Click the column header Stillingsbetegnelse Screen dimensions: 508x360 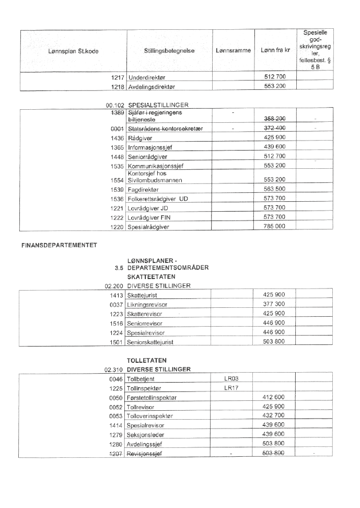(x=169, y=51)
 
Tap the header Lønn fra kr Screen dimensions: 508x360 (x=275, y=51)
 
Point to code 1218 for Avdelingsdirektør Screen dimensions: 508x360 (x=116, y=86)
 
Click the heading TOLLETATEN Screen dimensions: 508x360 (x=144, y=360)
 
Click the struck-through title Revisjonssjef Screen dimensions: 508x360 (x=145, y=453)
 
